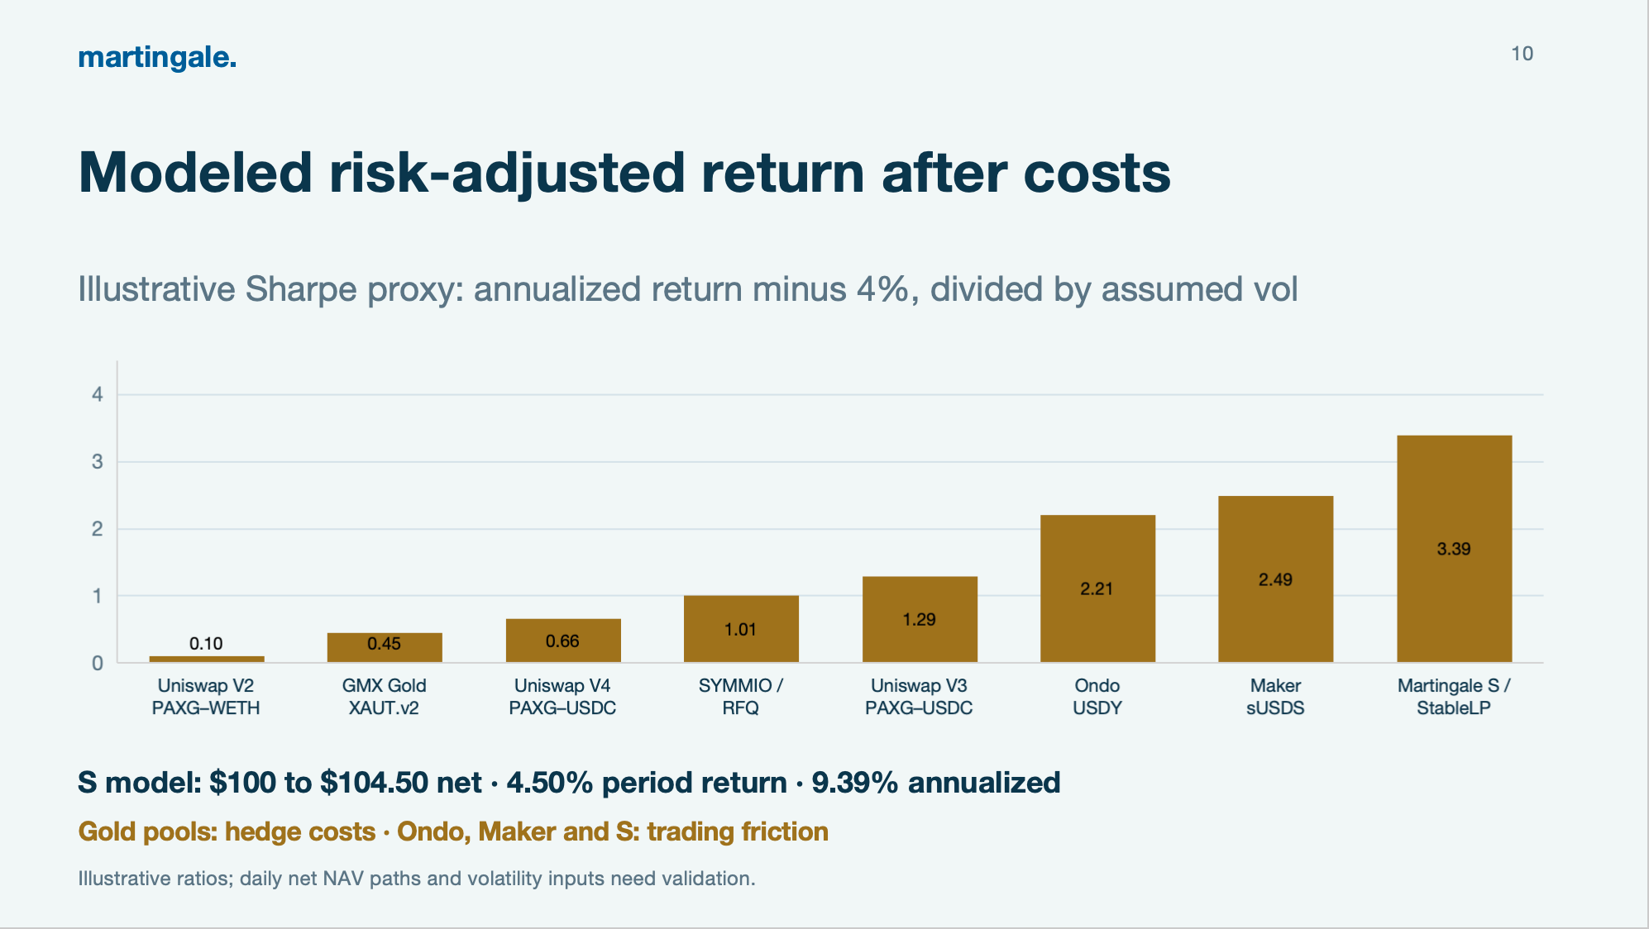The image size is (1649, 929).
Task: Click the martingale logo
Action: pyautogui.click(x=157, y=57)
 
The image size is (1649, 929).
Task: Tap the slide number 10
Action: pyautogui.click(x=1522, y=54)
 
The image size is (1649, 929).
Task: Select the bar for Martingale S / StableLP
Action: pyautogui.click(x=1454, y=549)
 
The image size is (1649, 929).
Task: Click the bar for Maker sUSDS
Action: pyautogui.click(x=1275, y=579)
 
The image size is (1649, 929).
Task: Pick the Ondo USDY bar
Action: pyautogui.click(x=1097, y=588)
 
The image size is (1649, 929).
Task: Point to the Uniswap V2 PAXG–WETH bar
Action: pyautogui.click(x=207, y=659)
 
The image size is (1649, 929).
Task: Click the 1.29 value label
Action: pyautogui.click(x=919, y=620)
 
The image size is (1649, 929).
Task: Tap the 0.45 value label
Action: pyautogui.click(x=385, y=644)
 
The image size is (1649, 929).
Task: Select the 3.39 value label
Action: pyautogui.click(x=1454, y=549)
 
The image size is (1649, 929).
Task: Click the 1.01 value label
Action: pyautogui.click(x=740, y=630)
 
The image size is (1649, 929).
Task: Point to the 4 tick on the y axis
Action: pyautogui.click(x=98, y=395)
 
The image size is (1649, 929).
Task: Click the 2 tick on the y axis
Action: pyautogui.click(x=98, y=529)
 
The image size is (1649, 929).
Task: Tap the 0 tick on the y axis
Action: pyautogui.click(x=98, y=663)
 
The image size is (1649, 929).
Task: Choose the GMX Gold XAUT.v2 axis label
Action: pyautogui.click(x=385, y=697)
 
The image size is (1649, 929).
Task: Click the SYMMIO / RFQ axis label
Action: pyautogui.click(x=740, y=697)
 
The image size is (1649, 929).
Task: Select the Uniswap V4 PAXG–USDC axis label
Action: pyautogui.click(x=562, y=697)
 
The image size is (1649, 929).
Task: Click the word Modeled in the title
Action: pyautogui.click(x=196, y=173)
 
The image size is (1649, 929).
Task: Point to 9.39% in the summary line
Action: pyautogui.click(x=855, y=783)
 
